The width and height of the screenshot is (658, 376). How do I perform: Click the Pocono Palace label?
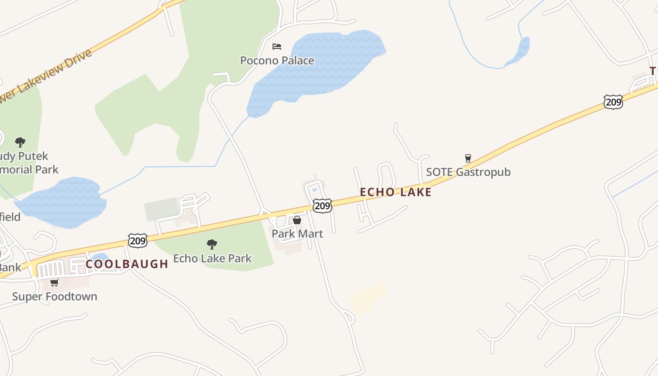click(277, 61)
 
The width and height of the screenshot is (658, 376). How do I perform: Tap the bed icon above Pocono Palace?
click(277, 46)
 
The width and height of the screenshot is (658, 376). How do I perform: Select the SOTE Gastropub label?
click(468, 172)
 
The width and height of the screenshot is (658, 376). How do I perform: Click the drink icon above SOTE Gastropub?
click(468, 158)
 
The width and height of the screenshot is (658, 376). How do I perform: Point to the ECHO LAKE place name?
click(395, 192)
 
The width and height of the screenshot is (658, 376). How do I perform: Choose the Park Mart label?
click(297, 234)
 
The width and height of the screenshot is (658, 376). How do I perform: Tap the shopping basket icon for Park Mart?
click(297, 220)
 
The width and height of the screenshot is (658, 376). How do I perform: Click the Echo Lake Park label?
click(212, 258)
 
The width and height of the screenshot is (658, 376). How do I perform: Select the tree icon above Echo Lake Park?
click(212, 244)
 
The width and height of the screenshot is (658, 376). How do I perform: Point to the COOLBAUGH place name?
click(127, 264)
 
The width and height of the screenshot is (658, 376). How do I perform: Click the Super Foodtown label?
click(55, 297)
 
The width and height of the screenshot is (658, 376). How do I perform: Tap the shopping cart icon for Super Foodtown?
click(55, 282)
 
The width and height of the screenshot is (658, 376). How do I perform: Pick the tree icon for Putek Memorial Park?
click(20, 142)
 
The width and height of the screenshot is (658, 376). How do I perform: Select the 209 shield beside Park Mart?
click(322, 205)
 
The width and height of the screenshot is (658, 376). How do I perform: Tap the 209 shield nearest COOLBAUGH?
click(138, 240)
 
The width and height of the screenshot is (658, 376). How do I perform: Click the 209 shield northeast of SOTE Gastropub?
click(613, 102)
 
